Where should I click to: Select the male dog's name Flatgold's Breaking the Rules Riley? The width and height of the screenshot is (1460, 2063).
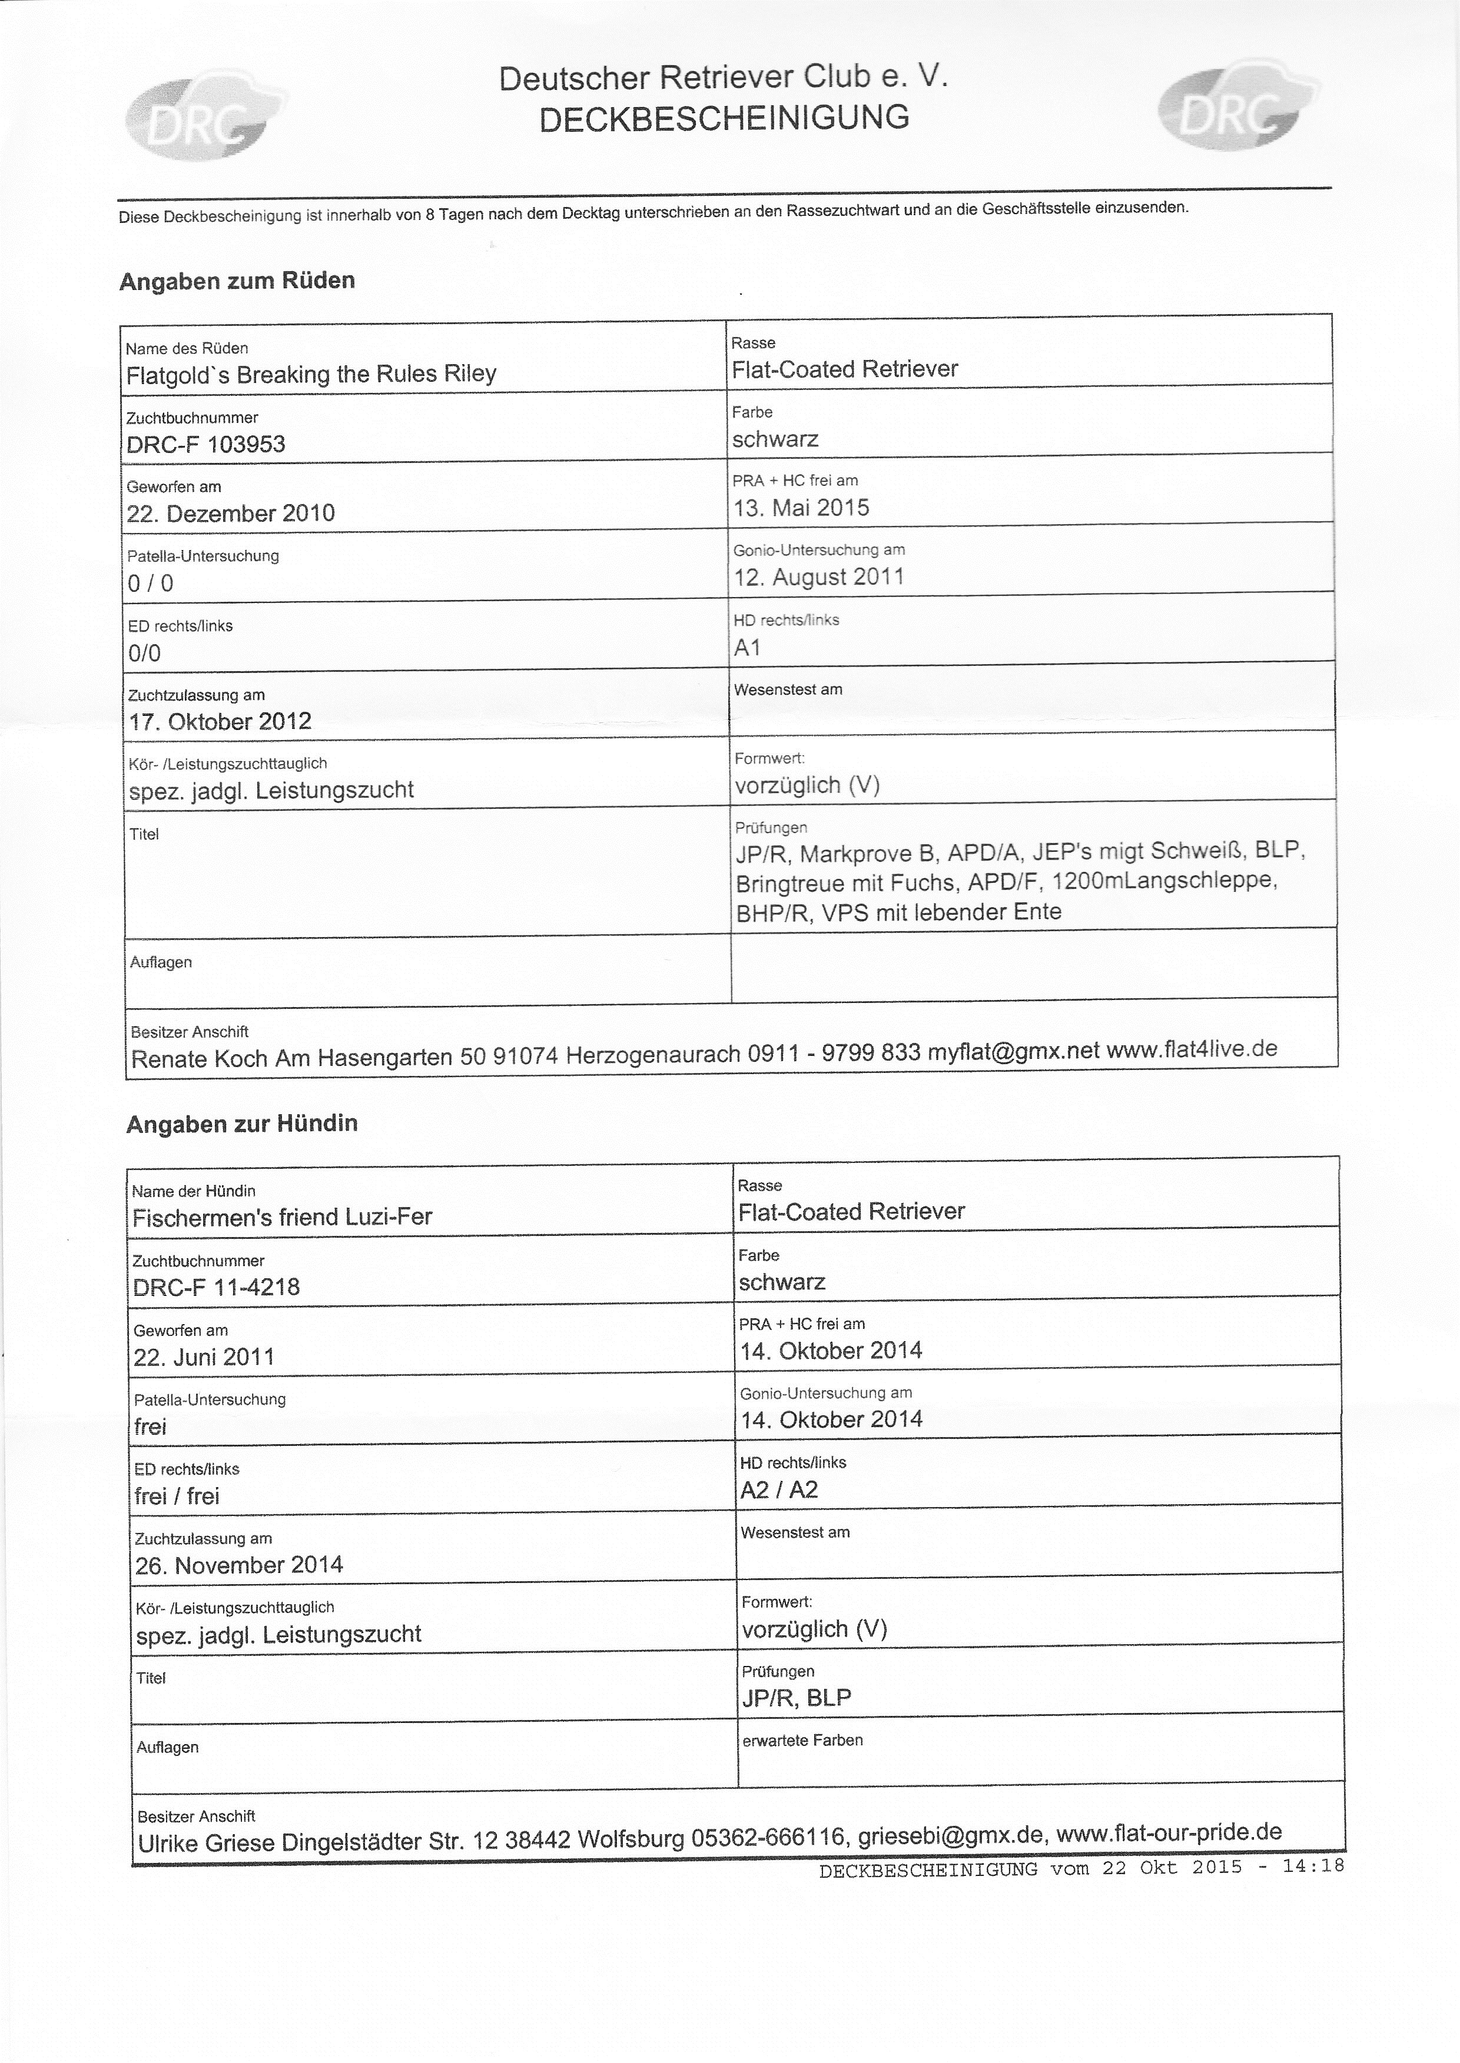tap(311, 374)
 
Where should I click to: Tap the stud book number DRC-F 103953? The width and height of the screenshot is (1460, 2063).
tap(206, 444)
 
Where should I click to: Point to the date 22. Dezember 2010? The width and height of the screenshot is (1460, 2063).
tap(231, 513)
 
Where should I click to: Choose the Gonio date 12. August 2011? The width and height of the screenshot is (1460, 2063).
tap(818, 577)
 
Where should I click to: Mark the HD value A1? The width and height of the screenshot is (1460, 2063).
tap(747, 647)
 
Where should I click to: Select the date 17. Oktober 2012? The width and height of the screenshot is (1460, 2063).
tap(220, 721)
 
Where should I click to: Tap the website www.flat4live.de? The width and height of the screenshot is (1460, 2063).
tap(1191, 1049)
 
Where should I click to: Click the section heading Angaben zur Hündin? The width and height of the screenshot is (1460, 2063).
tap(242, 1123)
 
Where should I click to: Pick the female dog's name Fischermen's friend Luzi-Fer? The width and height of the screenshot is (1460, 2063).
tap(283, 1217)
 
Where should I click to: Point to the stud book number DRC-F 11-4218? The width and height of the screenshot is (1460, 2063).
tap(217, 1287)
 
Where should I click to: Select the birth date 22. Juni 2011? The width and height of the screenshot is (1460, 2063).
tap(204, 1357)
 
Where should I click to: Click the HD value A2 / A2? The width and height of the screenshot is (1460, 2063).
tap(778, 1489)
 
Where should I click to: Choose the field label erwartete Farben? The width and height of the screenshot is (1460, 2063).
tap(802, 1739)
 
